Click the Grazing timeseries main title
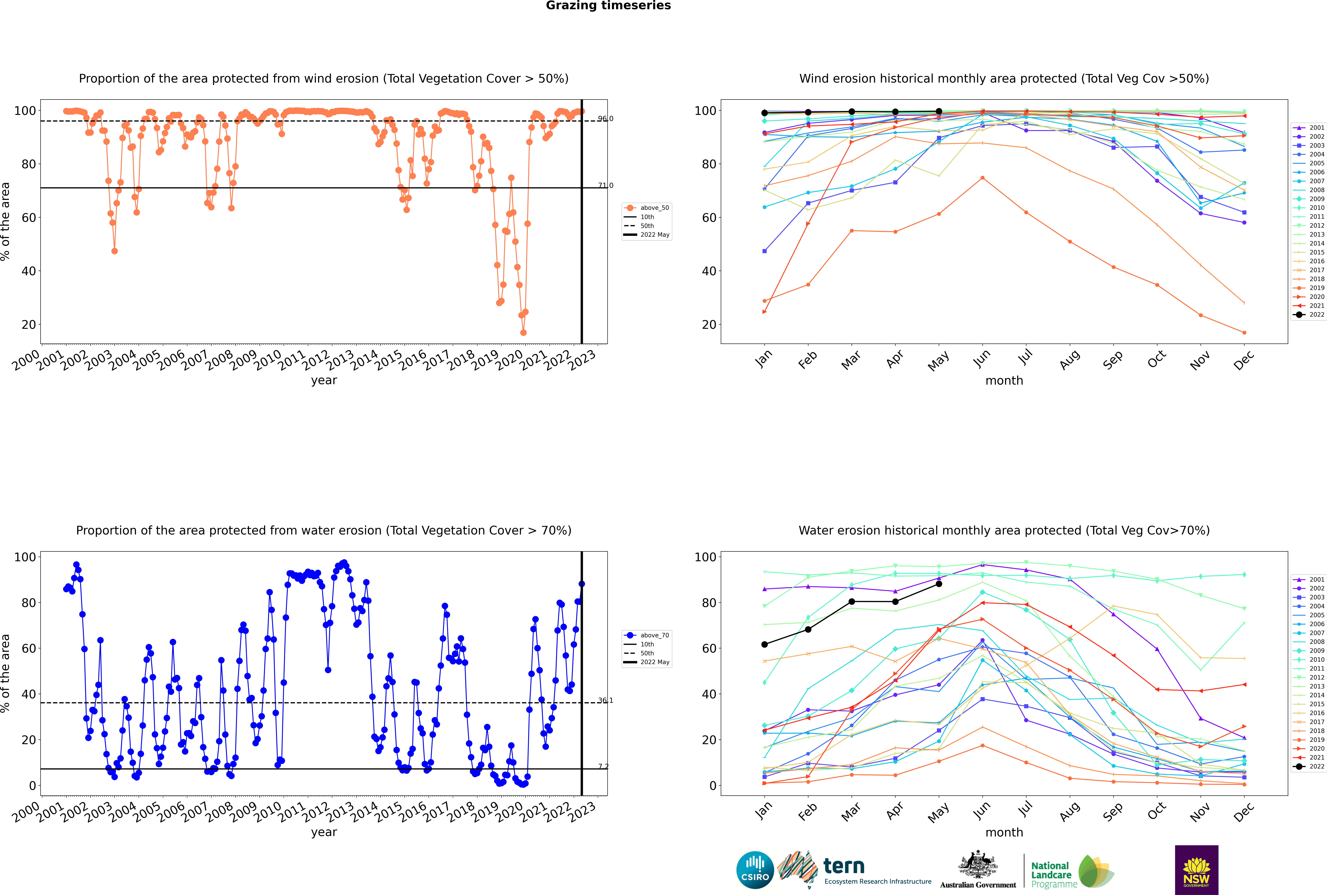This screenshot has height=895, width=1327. tap(608, 6)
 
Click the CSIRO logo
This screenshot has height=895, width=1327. tap(755, 870)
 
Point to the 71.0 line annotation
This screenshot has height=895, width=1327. tap(605, 185)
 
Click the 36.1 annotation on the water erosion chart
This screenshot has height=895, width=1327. tap(605, 700)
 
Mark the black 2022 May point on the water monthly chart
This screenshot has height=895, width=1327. tap(939, 584)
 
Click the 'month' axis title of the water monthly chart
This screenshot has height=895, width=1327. tap(1004, 832)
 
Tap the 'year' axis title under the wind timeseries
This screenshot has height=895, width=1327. tap(324, 380)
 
